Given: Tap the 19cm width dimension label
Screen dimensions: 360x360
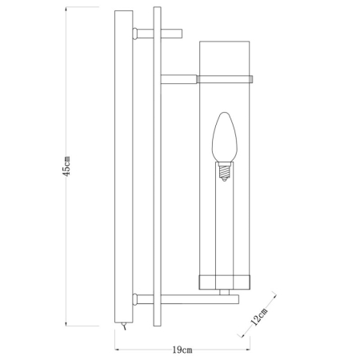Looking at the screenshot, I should [x=182, y=350].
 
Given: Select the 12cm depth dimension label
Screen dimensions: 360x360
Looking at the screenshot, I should [x=258, y=319].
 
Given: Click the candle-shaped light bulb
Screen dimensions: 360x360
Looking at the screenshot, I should [x=225, y=140].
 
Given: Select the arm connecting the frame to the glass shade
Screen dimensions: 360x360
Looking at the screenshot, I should [x=179, y=79].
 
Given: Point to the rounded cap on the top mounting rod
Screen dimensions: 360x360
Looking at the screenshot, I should [x=136, y=34].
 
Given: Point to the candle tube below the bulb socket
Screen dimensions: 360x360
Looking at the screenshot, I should [x=225, y=224].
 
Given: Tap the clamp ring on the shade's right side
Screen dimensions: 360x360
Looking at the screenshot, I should [x=250, y=79].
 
